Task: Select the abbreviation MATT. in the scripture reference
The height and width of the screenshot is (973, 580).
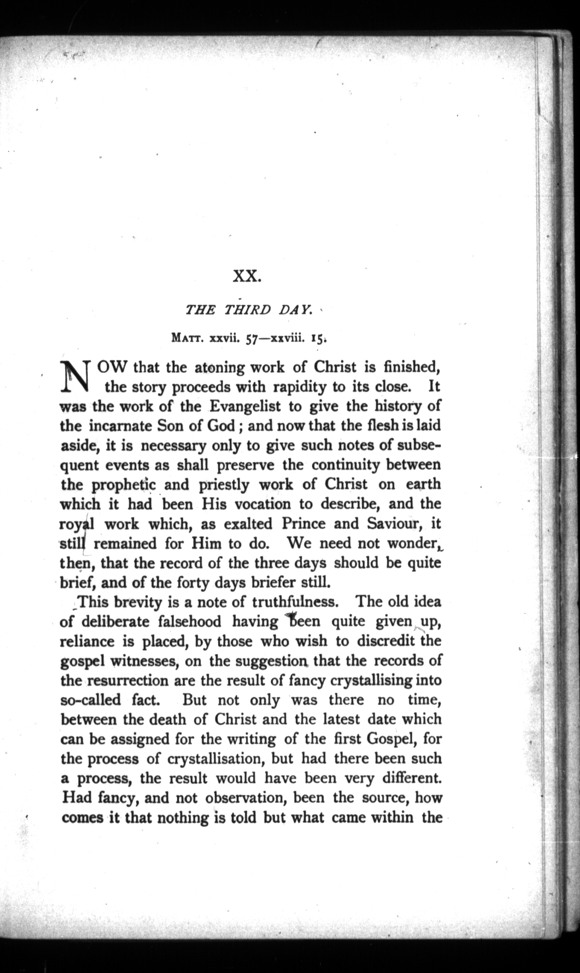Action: pyautogui.click(x=189, y=339)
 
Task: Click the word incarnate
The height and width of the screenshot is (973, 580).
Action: pyautogui.click(x=120, y=426)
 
